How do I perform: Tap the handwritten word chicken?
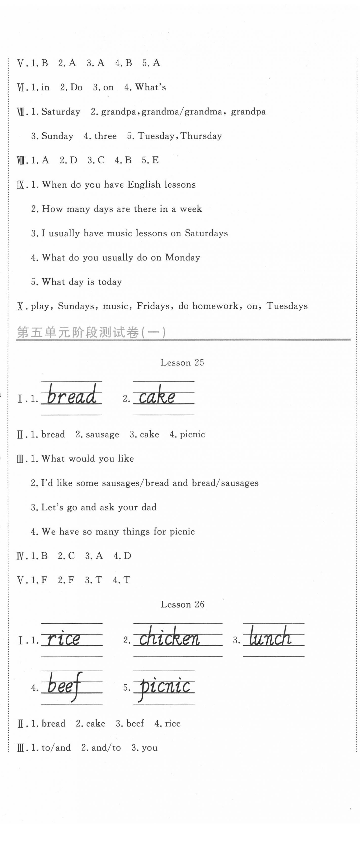169,637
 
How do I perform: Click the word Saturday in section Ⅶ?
61,112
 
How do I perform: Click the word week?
191,209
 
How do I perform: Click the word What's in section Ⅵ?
150,87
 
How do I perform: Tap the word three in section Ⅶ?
105,136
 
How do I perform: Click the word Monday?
183,257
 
